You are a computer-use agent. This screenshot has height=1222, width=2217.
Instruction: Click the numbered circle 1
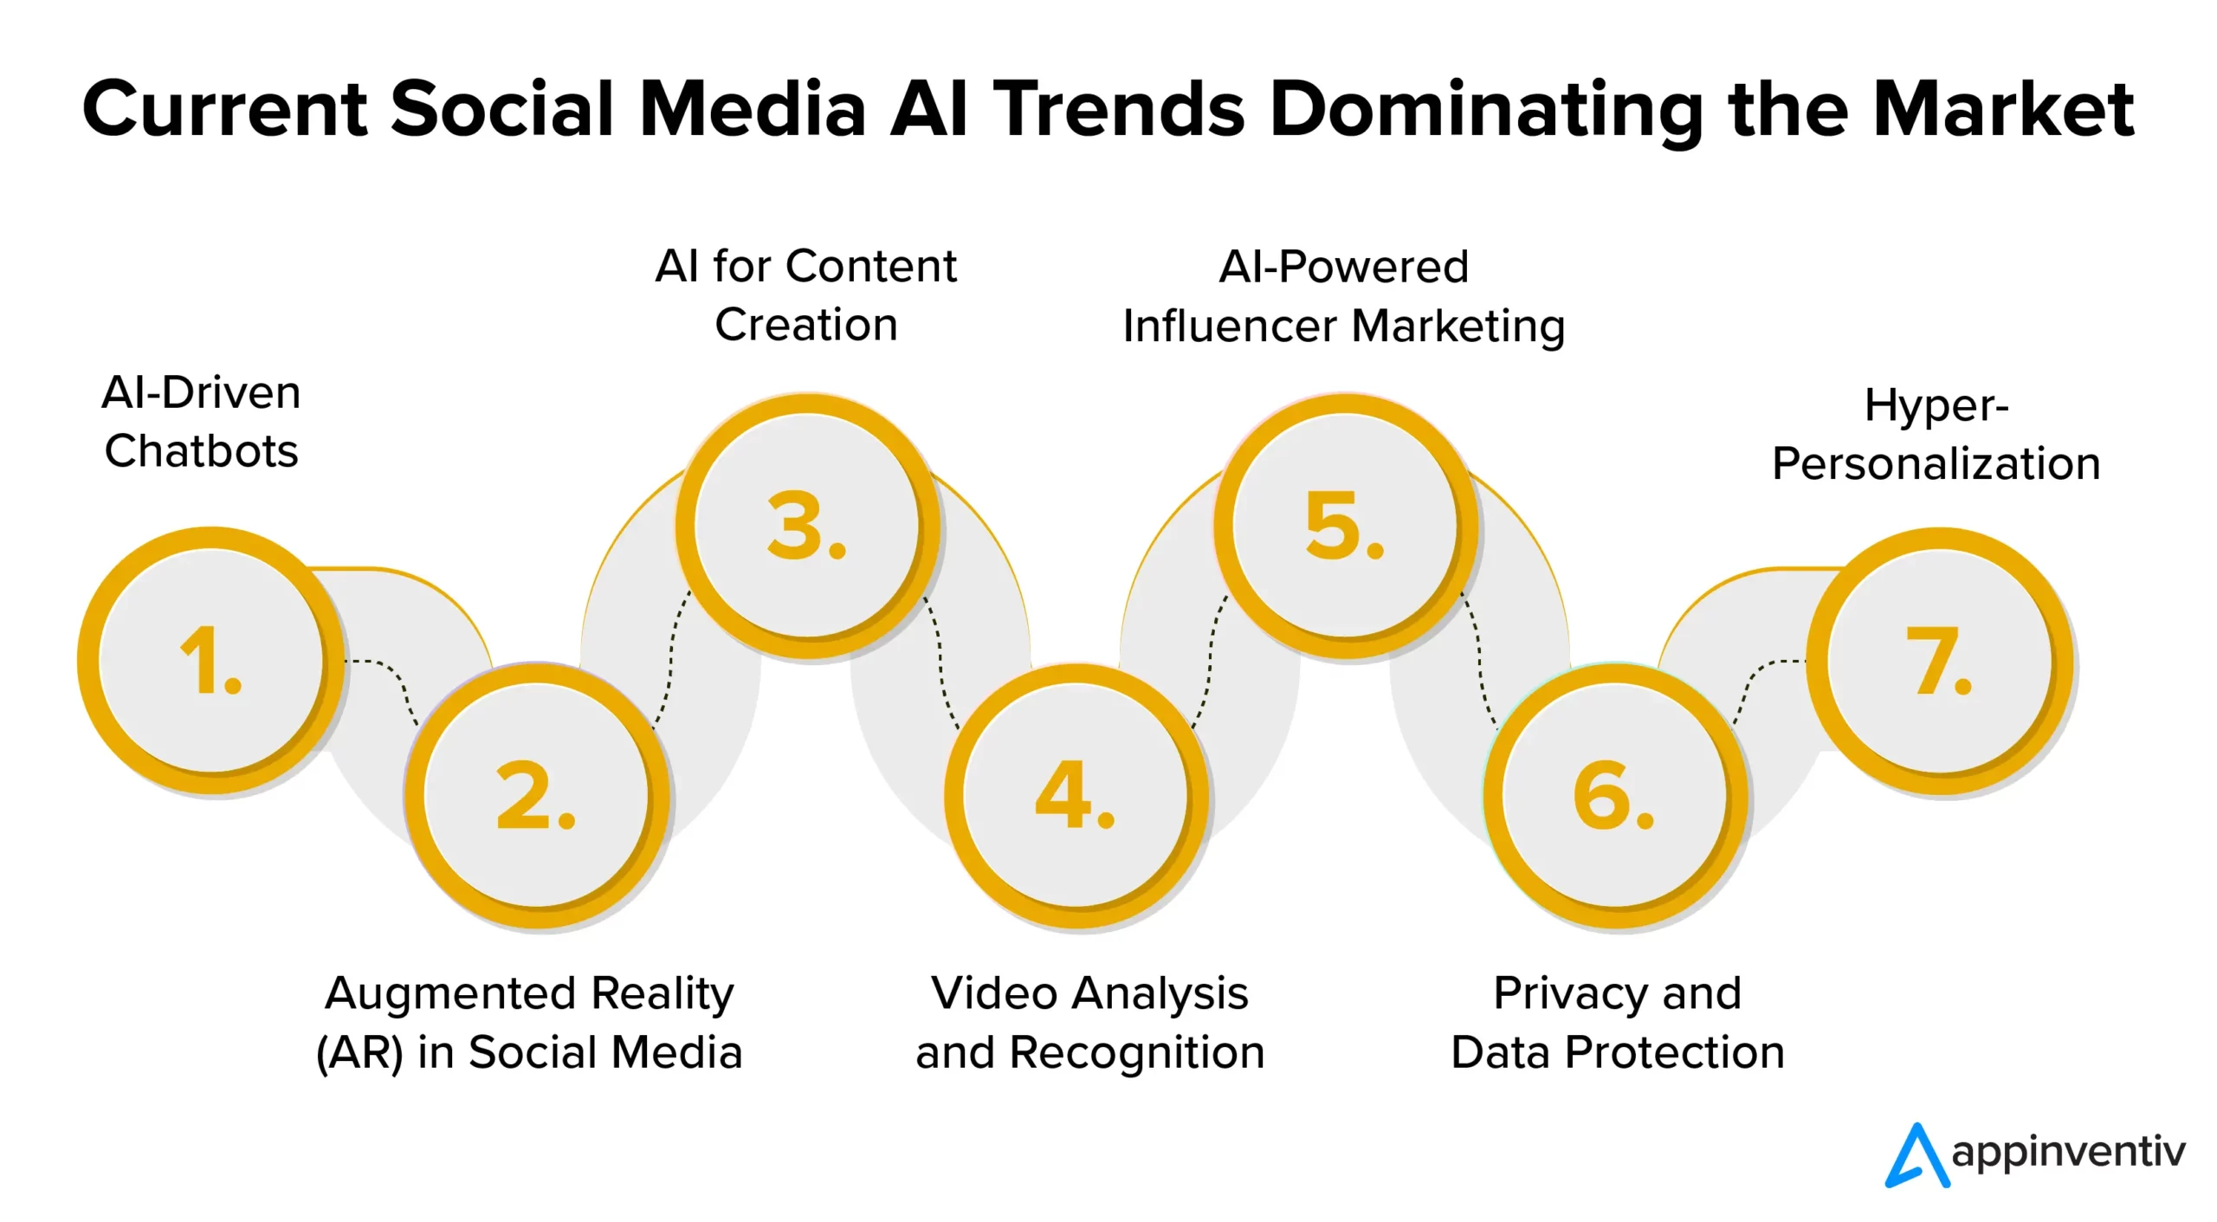click(x=211, y=661)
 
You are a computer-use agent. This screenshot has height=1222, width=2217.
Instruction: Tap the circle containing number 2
click(x=537, y=796)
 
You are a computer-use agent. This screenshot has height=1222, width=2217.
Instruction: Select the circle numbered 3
click(x=808, y=526)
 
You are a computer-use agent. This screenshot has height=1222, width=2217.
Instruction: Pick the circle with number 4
click(x=1076, y=796)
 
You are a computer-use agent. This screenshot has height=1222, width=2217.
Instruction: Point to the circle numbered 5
click(x=1347, y=526)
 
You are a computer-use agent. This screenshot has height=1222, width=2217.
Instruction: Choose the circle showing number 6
click(x=1616, y=796)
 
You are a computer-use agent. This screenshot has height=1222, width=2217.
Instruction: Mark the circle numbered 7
click(x=1941, y=661)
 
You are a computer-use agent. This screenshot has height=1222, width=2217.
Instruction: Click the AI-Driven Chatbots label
click(x=201, y=422)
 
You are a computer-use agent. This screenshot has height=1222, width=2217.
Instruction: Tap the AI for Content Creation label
click(x=806, y=295)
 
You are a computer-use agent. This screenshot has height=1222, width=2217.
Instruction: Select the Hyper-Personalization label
click(x=1936, y=435)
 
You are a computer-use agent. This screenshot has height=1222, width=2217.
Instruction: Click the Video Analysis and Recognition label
click(x=1090, y=1023)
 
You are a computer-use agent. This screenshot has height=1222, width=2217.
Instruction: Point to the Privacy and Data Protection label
click(x=1618, y=1023)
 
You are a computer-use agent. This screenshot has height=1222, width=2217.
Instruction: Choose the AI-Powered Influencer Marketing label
click(x=1344, y=297)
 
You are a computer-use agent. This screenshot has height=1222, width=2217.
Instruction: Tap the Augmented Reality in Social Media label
click(x=529, y=1024)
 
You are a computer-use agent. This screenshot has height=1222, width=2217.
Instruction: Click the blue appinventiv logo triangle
click(x=1917, y=1155)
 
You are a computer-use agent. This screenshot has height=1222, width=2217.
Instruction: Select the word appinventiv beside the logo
click(x=2069, y=1153)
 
